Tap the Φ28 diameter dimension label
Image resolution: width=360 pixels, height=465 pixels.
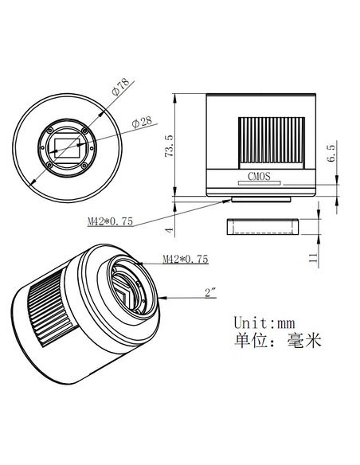pyautogui.click(x=141, y=122)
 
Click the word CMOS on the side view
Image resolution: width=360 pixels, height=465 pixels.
pyautogui.click(x=260, y=178)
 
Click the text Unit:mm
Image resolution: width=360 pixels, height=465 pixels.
pyautogui.click(x=264, y=323)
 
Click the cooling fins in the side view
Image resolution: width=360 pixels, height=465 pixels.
pyautogui.click(x=271, y=141)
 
